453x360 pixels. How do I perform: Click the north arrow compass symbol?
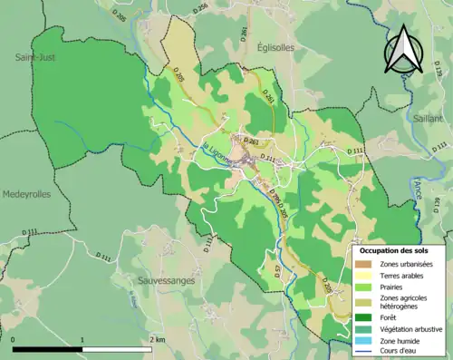[405, 49]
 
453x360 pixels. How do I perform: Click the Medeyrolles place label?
[26, 194]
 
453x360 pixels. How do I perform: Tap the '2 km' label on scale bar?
[159, 339]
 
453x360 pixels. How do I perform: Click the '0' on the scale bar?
[14, 339]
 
